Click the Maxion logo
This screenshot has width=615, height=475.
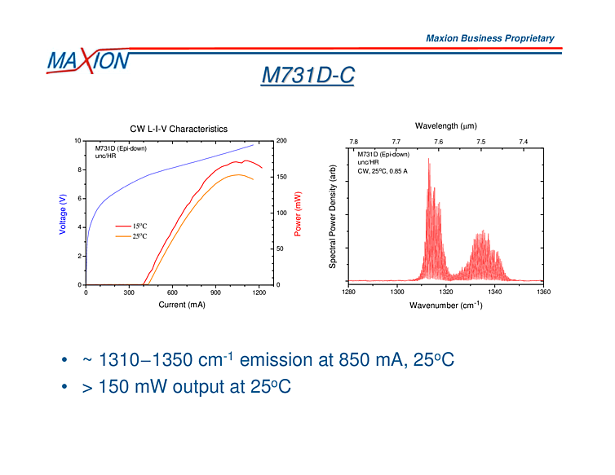[x=87, y=60]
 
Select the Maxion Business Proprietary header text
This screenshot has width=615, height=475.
[x=489, y=38]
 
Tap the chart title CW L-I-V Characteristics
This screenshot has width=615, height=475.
[x=179, y=129]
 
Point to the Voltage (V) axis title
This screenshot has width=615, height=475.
[x=63, y=213]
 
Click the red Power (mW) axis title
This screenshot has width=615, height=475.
[x=299, y=213]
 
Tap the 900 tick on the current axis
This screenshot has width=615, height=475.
[x=215, y=292]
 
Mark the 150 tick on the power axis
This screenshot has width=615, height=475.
[x=281, y=177]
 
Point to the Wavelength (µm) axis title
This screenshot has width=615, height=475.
[x=445, y=126]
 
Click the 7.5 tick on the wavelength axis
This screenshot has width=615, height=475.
[x=480, y=142]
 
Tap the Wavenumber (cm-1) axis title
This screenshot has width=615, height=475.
[x=445, y=305]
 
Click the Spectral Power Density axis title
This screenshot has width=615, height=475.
[x=333, y=213]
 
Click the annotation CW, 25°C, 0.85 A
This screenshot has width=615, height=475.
[x=383, y=171]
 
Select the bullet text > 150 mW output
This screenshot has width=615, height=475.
[x=187, y=387]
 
